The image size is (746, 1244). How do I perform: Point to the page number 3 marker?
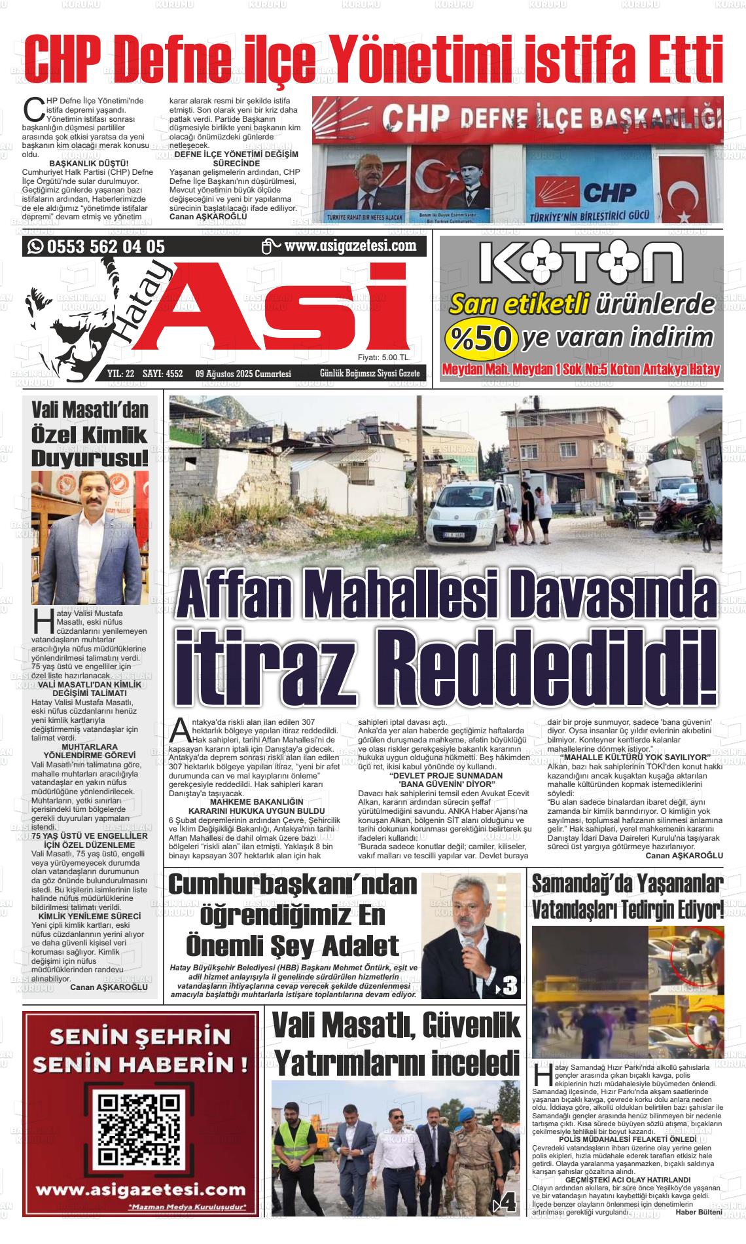pyautogui.click(x=507, y=985)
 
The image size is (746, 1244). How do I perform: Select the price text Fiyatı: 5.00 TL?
pyautogui.click(x=383, y=357)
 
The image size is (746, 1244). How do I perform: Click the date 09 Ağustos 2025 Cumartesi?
pyautogui.click(x=243, y=374)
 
